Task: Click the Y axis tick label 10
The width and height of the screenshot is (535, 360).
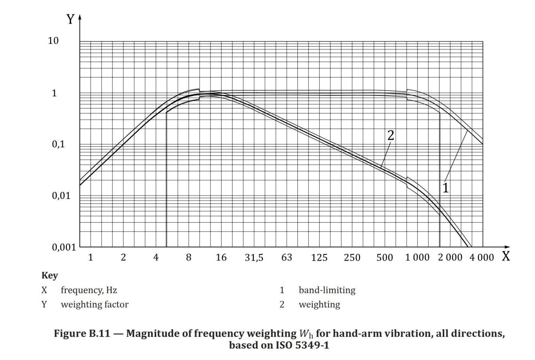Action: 53,41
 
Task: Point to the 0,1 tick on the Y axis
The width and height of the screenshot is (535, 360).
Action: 59,144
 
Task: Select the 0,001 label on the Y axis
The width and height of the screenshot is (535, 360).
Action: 64,247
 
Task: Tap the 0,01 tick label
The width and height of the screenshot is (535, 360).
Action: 61,196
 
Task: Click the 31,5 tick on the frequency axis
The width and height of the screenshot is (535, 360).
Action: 254,258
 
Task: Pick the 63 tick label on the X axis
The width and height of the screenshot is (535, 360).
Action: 287,258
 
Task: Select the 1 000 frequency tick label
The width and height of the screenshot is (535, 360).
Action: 417,258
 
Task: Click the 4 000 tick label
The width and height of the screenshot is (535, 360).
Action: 482,258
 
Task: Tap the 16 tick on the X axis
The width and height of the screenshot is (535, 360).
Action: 221,258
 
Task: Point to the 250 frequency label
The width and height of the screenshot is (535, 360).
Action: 352,258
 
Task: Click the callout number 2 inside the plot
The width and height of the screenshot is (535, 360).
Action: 391,136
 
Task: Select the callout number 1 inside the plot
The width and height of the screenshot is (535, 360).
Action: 445,188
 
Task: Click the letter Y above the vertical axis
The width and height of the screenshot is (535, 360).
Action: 70,19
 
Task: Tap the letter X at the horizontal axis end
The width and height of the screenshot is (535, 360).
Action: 506,256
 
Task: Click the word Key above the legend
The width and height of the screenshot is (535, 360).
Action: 49,275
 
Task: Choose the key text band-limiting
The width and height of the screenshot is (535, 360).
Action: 327,290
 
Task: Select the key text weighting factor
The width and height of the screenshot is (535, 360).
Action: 94,304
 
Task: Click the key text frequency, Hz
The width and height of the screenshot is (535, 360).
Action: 89,290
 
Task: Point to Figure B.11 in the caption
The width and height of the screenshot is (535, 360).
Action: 82,334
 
